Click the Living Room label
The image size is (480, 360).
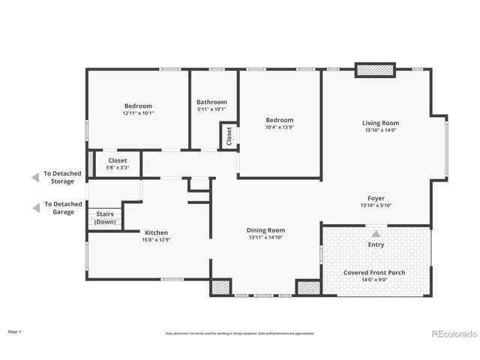(x=380, y=123)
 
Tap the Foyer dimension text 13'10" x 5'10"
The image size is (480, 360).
(x=376, y=205)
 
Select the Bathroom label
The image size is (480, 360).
(x=211, y=102)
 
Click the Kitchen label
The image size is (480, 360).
(x=156, y=232)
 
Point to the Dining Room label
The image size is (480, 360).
(x=265, y=229)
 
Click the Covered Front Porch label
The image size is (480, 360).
(x=374, y=272)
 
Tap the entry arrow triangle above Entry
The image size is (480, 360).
(x=376, y=233)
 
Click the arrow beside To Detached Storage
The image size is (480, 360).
(x=34, y=178)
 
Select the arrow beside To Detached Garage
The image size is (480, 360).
(x=34, y=208)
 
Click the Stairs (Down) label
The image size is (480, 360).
(x=105, y=217)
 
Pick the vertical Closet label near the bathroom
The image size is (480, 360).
(x=229, y=136)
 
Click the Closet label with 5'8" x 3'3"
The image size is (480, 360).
(x=118, y=160)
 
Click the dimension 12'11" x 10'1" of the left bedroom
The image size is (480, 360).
(x=138, y=113)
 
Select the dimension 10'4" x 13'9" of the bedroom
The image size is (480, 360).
(x=280, y=127)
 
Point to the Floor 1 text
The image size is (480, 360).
(x=15, y=331)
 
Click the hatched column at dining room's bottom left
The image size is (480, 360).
(x=219, y=286)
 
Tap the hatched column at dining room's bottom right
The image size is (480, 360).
(x=306, y=286)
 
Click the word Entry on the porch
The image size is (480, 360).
(x=376, y=245)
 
